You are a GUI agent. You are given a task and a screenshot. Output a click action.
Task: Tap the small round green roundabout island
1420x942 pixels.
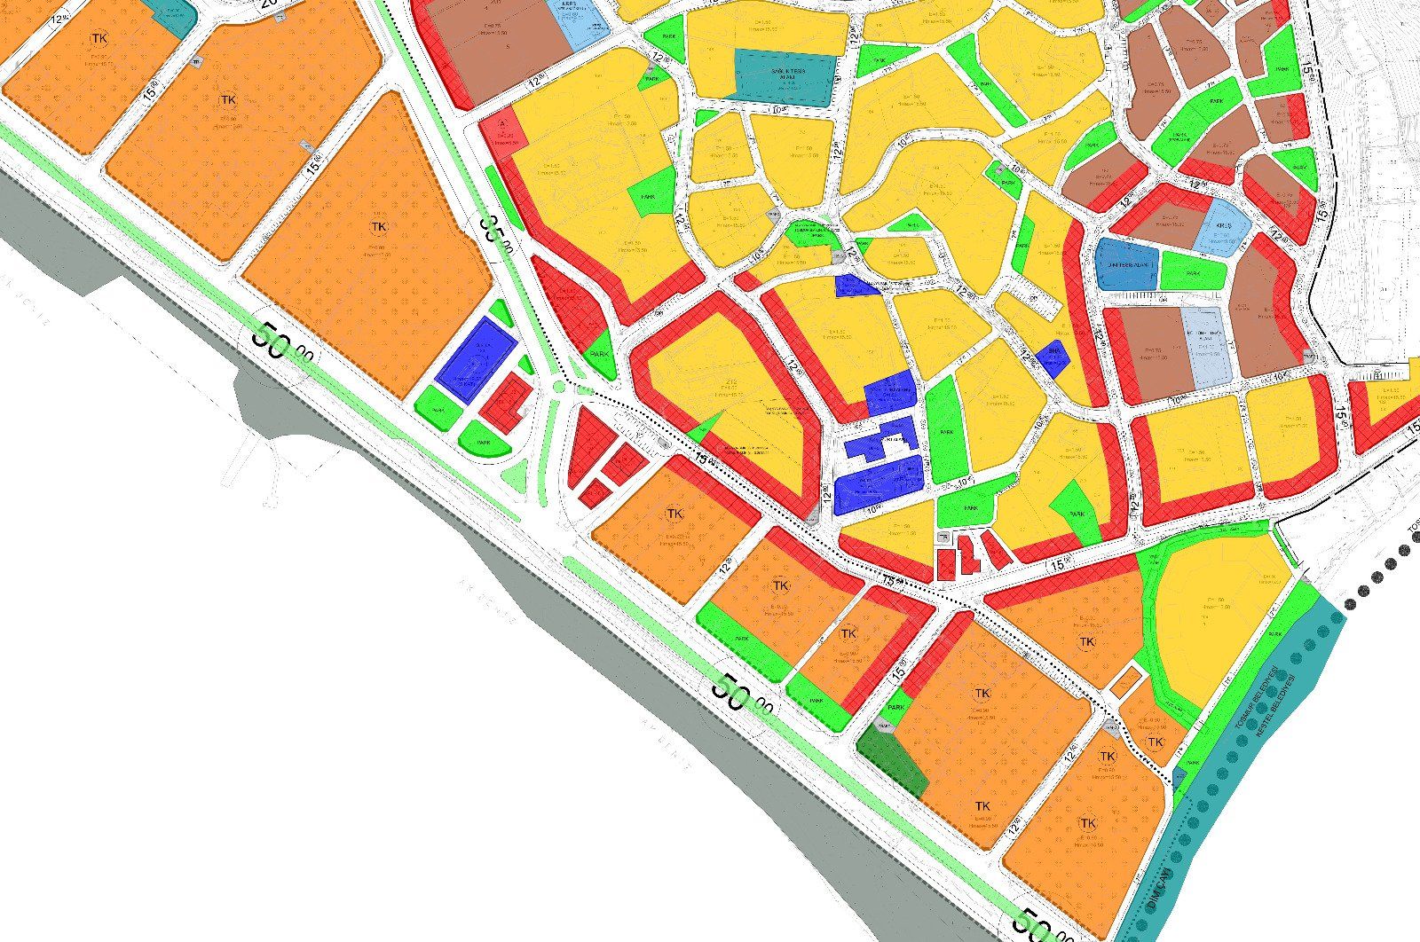coord(559,387)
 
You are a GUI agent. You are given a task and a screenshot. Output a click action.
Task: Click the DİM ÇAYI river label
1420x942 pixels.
coord(1159,887)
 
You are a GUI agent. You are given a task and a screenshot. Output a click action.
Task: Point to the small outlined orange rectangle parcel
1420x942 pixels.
coord(1125,681)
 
